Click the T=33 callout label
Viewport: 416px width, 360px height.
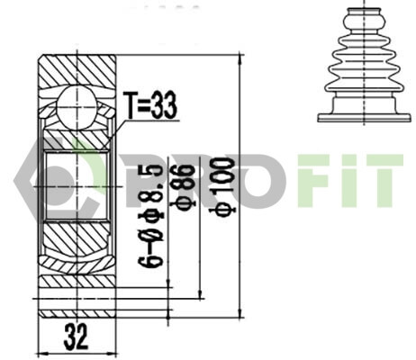[151, 105]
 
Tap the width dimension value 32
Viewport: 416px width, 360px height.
[76, 337]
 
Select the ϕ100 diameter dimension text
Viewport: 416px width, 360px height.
[222, 186]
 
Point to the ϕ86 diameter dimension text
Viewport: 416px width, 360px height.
[183, 185]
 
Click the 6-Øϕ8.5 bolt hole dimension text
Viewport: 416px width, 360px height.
[151, 215]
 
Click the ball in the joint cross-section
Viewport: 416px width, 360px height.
[77, 107]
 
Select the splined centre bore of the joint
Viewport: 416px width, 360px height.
[77, 186]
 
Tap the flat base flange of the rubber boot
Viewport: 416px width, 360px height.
[364, 117]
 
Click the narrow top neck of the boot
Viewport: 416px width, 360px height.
[364, 11]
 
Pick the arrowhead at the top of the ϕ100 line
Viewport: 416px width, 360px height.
[240, 59]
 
